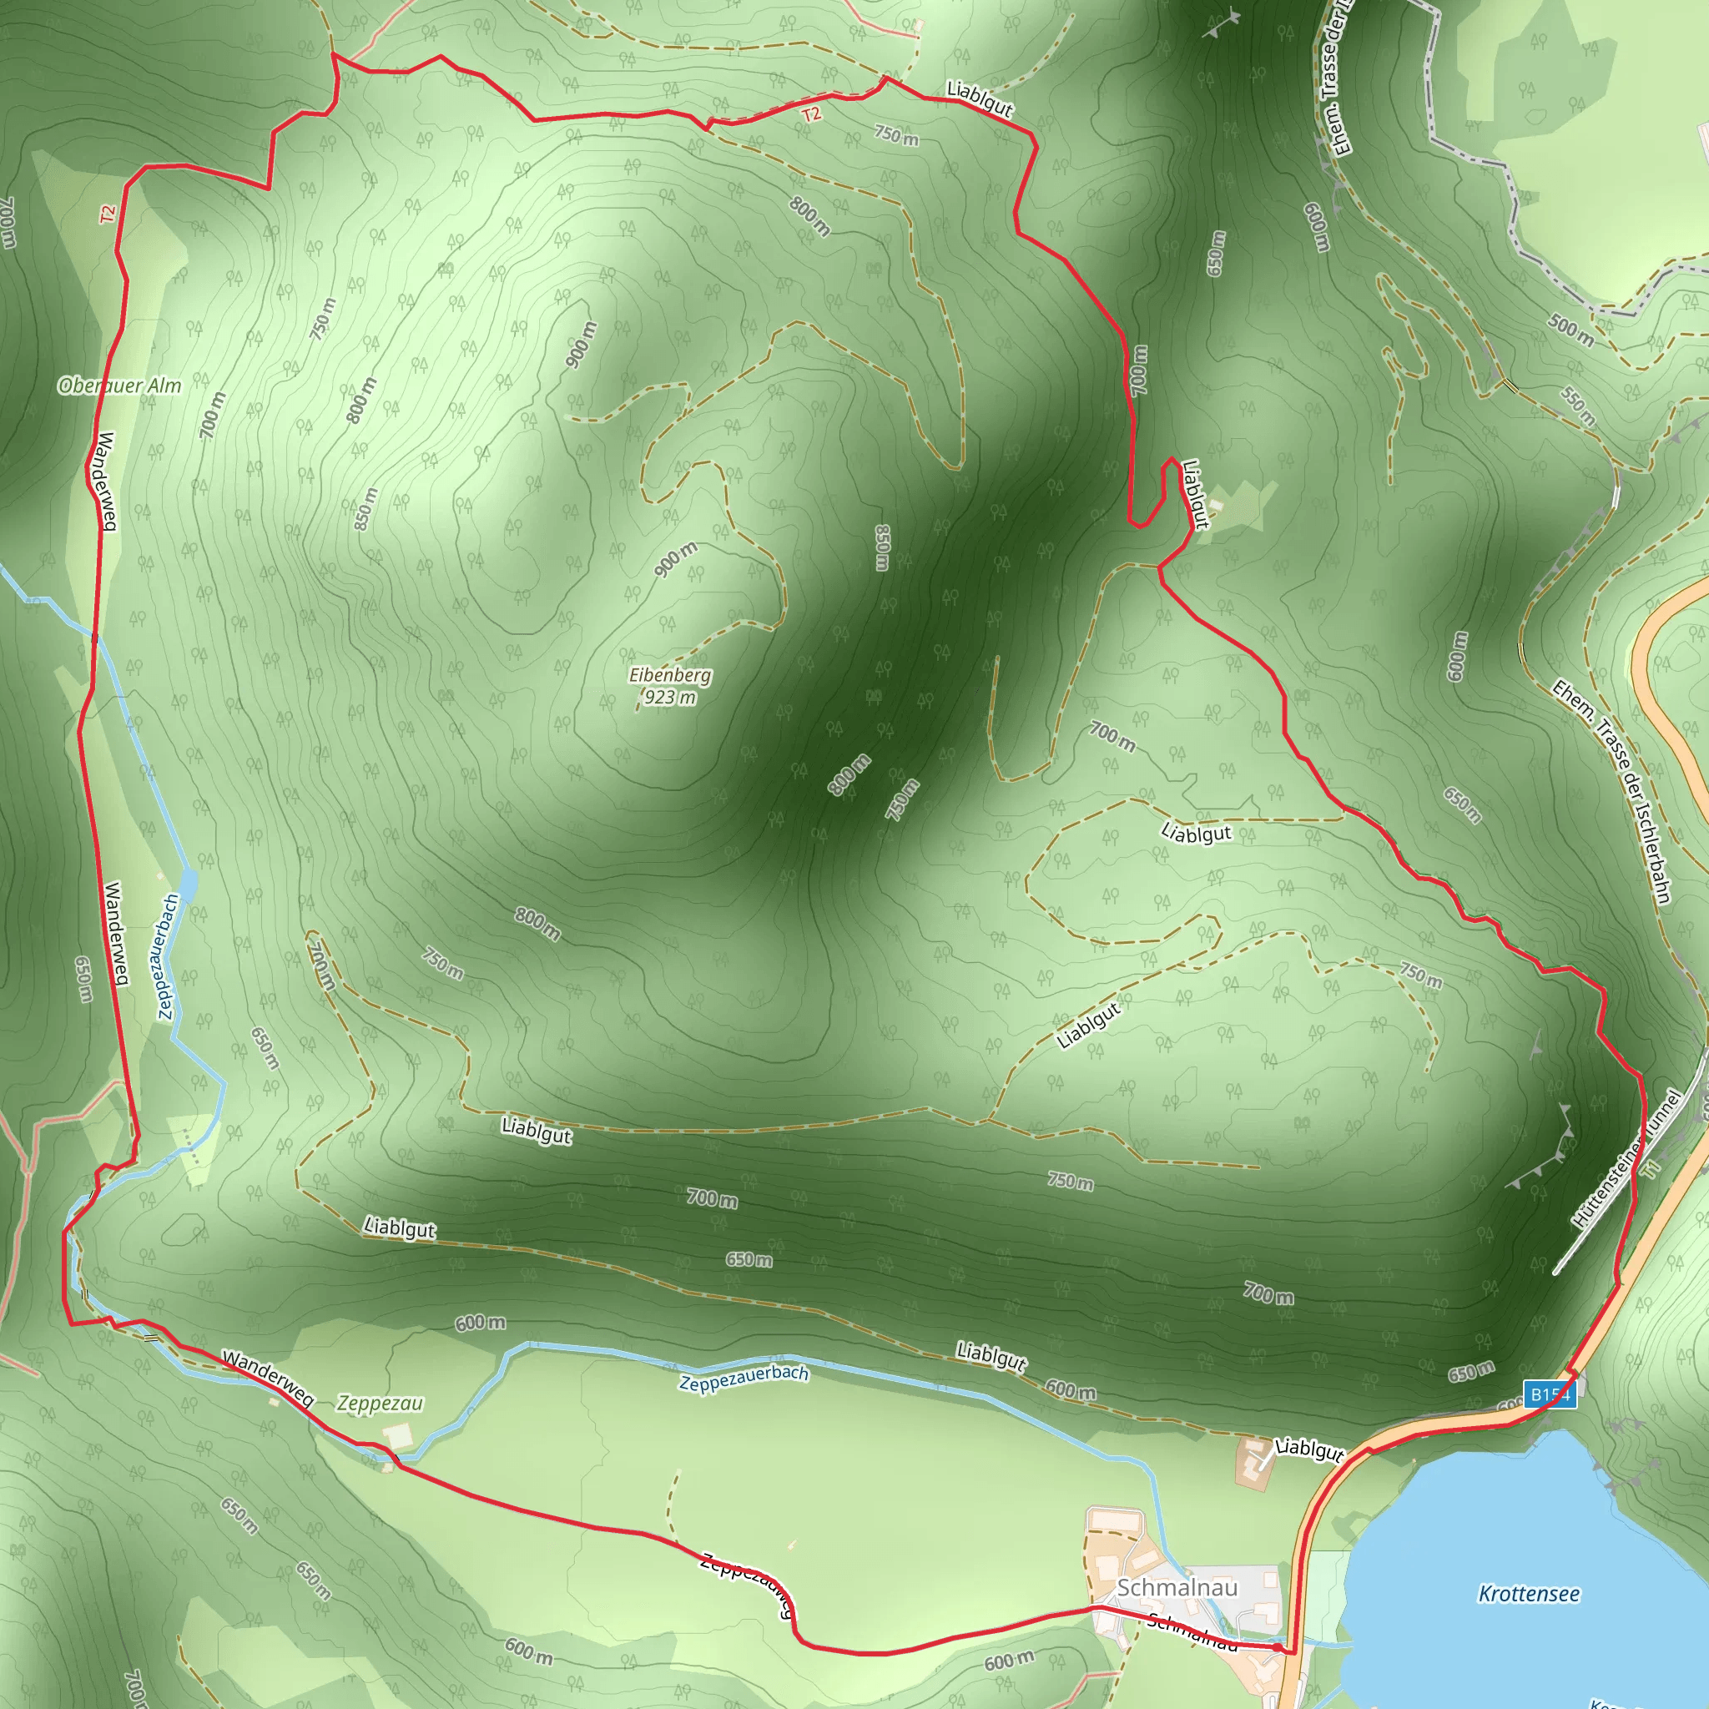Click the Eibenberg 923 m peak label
coord(669,687)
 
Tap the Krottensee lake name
coord(1529,1594)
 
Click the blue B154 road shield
coord(1550,1395)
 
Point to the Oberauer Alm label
coord(119,386)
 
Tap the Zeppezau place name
coord(381,1403)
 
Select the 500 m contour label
coord(1570,330)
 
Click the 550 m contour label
coord(1577,406)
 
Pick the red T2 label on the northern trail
coord(811,114)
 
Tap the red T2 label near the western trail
coord(107,214)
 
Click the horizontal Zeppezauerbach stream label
coord(743,1377)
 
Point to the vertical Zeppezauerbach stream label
coord(168,956)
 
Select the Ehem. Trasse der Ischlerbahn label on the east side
coord(1611,792)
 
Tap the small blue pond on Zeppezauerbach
coord(188,883)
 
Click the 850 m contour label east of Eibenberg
coord(882,547)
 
